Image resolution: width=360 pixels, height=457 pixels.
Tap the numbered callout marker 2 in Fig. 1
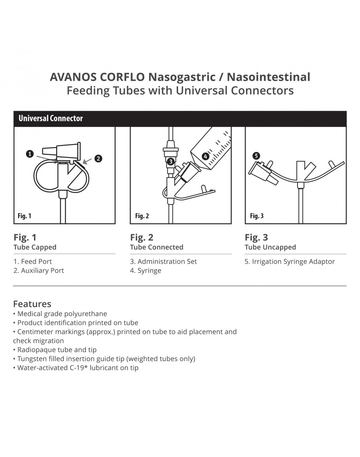[98, 158]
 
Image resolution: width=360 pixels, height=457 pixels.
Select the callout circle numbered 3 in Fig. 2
[170, 161]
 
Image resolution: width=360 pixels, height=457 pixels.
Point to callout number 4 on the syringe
[205, 156]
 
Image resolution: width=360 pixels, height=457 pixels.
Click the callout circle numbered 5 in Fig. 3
[256, 156]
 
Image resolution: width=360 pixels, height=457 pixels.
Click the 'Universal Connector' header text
[51, 118]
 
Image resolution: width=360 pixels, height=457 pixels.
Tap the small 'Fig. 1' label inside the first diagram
[25, 216]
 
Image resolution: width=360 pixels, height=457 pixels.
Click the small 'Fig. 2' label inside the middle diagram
[142, 216]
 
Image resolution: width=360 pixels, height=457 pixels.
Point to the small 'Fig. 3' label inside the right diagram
[257, 216]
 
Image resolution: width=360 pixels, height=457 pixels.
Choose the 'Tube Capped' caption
[35, 247]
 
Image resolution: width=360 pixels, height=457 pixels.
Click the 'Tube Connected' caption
[157, 247]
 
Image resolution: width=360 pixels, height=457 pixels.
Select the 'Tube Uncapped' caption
[270, 247]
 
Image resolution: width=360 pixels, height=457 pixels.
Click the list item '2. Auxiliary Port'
[38, 271]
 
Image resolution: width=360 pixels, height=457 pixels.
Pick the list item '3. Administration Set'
[163, 262]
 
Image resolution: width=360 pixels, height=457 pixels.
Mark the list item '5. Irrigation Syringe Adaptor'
[290, 262]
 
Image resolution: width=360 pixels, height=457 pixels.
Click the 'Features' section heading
[32, 304]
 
